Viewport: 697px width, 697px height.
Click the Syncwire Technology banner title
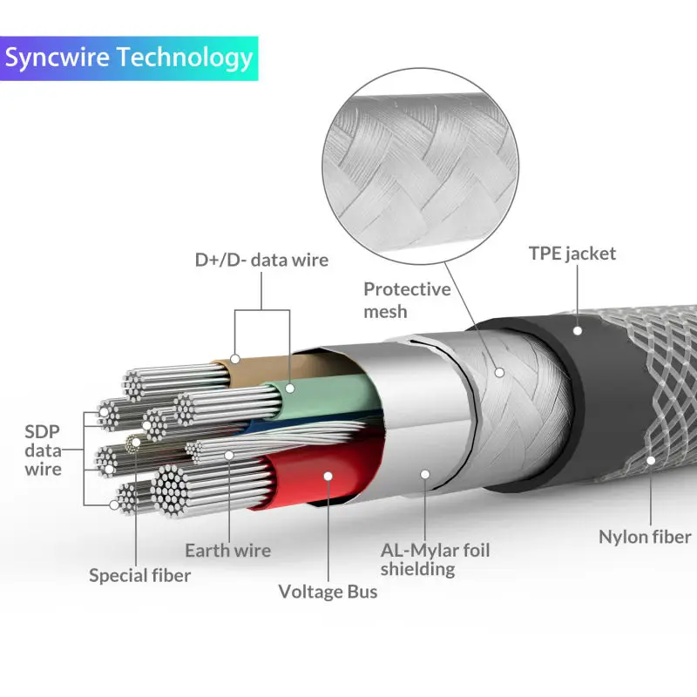click(x=129, y=58)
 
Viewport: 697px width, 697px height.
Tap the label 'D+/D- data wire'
click(x=261, y=260)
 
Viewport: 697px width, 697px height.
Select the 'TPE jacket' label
click(x=572, y=254)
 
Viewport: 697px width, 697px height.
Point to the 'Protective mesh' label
click(x=407, y=300)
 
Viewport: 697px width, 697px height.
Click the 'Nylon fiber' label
click(x=645, y=537)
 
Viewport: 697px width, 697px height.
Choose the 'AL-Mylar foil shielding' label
click(x=435, y=559)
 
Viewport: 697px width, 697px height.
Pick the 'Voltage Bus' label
click(x=328, y=592)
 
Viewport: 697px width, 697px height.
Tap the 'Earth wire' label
click(x=227, y=551)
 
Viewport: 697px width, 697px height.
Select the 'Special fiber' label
click(x=139, y=575)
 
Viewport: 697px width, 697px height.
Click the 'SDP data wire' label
click(x=43, y=450)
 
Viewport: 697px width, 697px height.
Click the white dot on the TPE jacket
click(x=577, y=330)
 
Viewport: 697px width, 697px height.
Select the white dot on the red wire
click(x=328, y=476)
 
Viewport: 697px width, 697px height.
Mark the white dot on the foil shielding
click(x=424, y=474)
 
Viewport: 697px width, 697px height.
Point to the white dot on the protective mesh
click(x=500, y=372)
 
